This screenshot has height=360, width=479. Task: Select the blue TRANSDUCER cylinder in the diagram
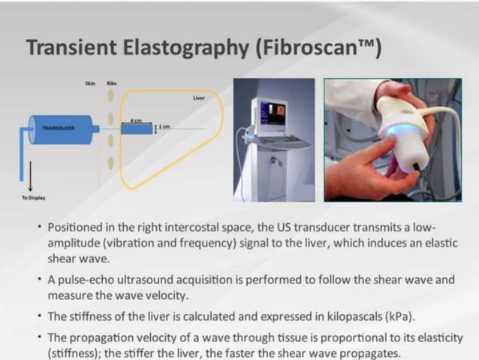pyautogui.click(x=60, y=129)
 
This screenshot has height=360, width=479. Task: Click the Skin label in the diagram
pyautogui.click(x=89, y=83)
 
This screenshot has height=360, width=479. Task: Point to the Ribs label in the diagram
pyautogui.click(x=111, y=83)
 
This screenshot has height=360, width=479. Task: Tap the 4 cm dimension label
pyautogui.click(x=137, y=120)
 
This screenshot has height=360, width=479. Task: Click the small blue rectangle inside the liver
pyautogui.click(x=136, y=129)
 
